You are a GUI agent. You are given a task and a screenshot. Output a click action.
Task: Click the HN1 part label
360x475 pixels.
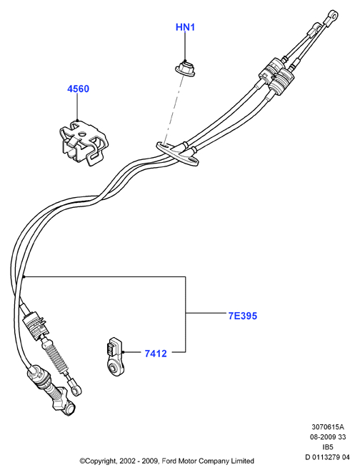pos(185,27)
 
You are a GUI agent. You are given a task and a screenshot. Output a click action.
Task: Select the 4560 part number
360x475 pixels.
pos(78,89)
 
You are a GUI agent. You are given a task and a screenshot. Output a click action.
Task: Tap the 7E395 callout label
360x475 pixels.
pos(242,316)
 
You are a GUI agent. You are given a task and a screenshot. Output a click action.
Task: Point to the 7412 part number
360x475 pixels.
pos(156,354)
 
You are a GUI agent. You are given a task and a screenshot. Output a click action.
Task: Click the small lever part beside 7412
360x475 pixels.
pos(115,357)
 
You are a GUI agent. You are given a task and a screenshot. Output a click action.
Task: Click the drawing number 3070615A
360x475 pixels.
pos(328,427)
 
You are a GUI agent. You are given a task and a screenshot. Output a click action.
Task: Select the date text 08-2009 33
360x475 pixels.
pos(328,437)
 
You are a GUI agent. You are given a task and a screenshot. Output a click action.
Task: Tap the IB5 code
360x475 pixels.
pos(328,447)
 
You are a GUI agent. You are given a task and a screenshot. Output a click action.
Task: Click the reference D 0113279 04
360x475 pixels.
pos(327,457)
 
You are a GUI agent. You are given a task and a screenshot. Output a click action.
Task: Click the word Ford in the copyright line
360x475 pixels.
pos(169,461)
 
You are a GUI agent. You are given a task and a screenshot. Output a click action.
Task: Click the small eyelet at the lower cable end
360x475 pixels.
pos(76,391)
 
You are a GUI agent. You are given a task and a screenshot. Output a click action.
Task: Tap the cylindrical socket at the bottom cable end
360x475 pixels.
pos(69,409)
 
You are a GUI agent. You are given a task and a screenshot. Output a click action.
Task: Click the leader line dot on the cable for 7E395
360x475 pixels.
pos(24,276)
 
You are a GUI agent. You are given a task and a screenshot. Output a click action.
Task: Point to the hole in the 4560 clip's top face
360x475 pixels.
pos(82,134)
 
